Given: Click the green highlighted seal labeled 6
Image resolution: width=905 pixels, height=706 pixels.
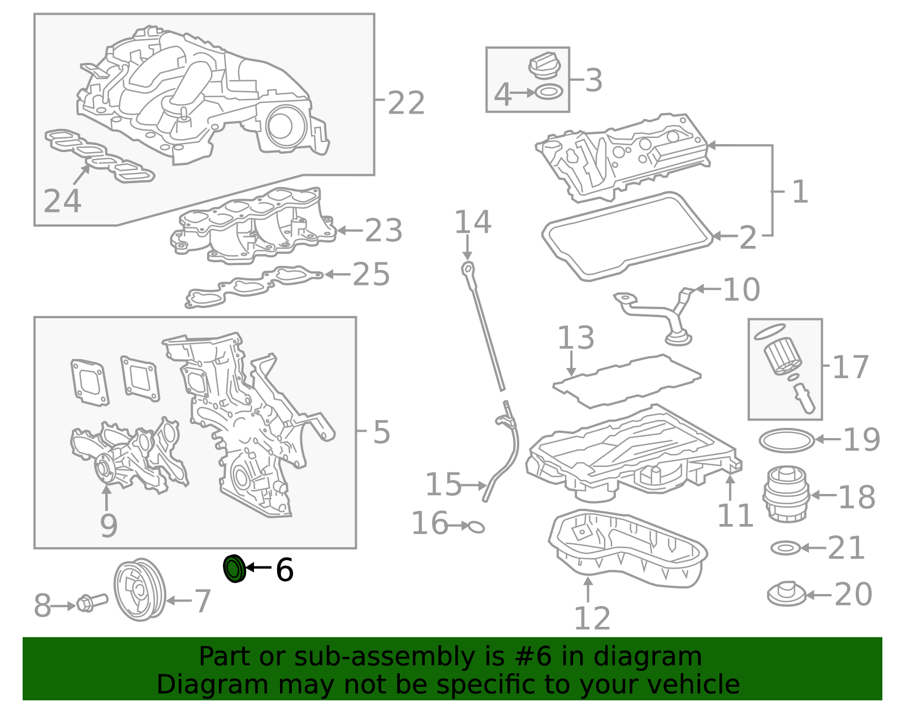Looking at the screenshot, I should [x=234, y=569].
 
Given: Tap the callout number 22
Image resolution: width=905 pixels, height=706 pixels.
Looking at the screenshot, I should [x=406, y=103].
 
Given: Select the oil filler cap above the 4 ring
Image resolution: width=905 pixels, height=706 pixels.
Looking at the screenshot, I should [x=545, y=66].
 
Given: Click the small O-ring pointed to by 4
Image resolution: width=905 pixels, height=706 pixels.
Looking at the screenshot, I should [x=549, y=92].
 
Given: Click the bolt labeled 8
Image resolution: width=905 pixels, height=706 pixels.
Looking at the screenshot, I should [x=90, y=603].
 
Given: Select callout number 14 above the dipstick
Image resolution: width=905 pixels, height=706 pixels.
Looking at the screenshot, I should [x=473, y=222].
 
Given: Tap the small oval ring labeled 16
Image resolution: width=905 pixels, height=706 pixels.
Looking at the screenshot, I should [x=476, y=527].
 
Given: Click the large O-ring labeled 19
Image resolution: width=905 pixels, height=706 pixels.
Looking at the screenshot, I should [x=786, y=440].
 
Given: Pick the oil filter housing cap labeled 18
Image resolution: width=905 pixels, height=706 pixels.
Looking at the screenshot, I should [x=786, y=493].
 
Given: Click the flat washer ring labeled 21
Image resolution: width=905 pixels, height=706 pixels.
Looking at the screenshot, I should [x=786, y=547].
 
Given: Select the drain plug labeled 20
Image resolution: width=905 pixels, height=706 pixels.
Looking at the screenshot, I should [x=786, y=594].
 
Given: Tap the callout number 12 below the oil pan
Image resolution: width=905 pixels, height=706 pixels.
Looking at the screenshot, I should [x=592, y=618].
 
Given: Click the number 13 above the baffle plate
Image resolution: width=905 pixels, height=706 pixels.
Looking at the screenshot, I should [x=576, y=338].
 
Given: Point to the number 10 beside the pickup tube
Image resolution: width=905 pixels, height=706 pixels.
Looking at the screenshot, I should [x=741, y=290].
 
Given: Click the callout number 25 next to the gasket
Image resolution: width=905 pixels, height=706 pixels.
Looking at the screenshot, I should [x=371, y=275].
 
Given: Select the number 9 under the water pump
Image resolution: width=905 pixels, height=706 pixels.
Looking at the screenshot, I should [x=109, y=526].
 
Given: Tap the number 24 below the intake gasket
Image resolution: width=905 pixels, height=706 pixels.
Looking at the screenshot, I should [x=62, y=201].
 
